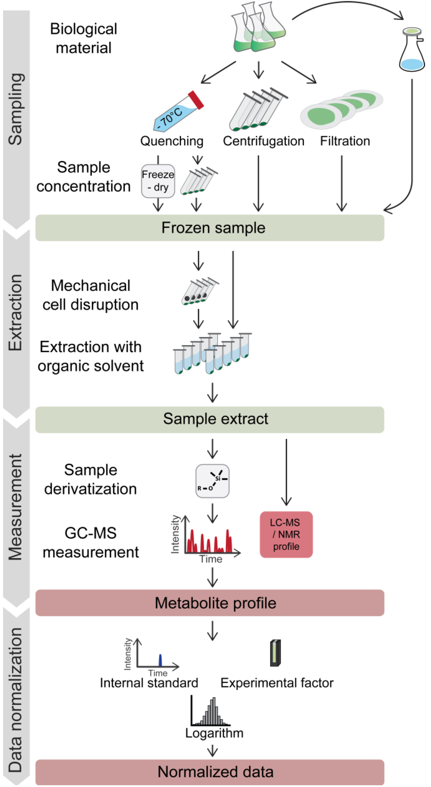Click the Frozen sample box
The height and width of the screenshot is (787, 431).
(x=210, y=228)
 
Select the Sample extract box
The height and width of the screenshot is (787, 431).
(x=210, y=419)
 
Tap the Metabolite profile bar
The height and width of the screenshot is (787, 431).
(x=210, y=602)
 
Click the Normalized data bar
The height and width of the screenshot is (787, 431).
(x=210, y=772)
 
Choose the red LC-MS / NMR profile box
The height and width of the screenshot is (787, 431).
(x=286, y=534)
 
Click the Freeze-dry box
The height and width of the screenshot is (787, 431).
(x=158, y=181)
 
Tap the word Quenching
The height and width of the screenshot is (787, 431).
(x=172, y=141)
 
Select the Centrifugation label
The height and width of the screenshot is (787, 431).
(x=263, y=141)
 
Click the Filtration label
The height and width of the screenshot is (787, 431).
(x=345, y=141)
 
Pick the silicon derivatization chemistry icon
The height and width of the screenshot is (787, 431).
(x=212, y=481)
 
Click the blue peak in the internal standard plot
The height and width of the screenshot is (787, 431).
(x=160, y=660)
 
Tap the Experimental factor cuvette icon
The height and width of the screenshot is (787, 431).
(x=275, y=653)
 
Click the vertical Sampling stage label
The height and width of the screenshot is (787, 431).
(x=16, y=110)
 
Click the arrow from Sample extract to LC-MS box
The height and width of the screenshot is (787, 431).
(x=286, y=472)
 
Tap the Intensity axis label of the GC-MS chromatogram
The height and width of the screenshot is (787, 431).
(x=175, y=534)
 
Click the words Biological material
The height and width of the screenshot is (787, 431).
(x=83, y=38)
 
